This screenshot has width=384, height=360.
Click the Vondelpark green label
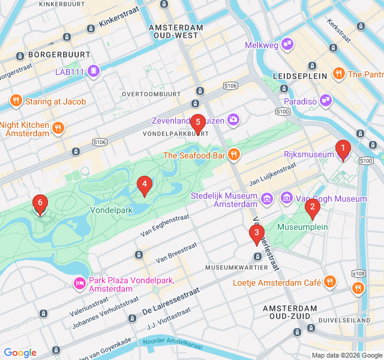(x=111, y=211)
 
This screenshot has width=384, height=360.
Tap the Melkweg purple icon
(x=287, y=44)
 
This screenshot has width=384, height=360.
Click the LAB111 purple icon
(x=94, y=72)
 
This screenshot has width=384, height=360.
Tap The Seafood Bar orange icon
(x=234, y=155)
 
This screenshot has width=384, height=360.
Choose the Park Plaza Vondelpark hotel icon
(x=79, y=283)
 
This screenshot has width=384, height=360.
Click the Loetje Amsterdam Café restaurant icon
(x=329, y=282)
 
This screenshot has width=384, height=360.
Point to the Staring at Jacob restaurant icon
(x=16, y=101)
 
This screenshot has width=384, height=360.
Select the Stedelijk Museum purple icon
(x=268, y=198)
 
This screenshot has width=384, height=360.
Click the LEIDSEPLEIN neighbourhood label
(x=299, y=76)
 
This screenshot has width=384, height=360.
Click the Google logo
(x=20, y=353)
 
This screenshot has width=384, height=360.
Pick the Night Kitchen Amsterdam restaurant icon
(x=58, y=128)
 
